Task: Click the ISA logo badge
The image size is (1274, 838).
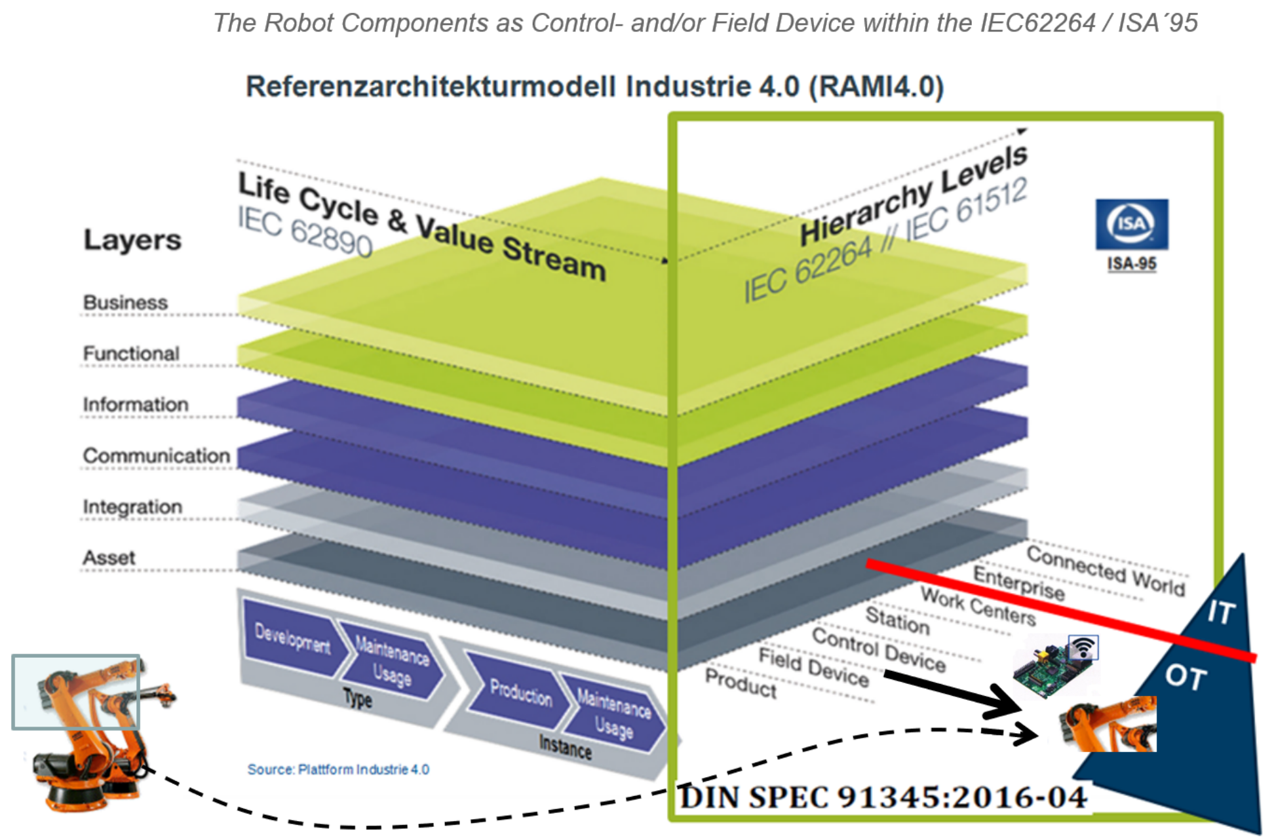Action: click(1131, 224)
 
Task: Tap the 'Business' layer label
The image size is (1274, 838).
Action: click(125, 303)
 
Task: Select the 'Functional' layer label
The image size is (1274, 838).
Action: click(131, 354)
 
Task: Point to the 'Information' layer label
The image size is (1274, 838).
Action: click(136, 405)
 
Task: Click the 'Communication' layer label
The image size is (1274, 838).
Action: click(156, 455)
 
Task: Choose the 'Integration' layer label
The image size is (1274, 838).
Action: click(132, 506)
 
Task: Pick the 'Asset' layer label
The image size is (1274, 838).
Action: click(109, 558)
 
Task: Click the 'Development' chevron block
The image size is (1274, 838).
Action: click(292, 638)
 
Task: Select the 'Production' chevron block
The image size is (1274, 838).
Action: click(520, 692)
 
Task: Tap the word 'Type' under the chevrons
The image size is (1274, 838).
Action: click(358, 698)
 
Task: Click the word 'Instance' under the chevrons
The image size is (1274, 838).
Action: click(565, 746)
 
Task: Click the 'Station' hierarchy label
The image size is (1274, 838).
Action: click(897, 620)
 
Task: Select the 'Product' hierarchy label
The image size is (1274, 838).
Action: click(741, 683)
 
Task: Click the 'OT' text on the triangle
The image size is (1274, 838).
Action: click(1186, 676)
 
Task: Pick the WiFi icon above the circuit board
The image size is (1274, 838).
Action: click(1083, 647)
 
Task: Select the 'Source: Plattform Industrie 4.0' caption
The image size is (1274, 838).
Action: click(338, 769)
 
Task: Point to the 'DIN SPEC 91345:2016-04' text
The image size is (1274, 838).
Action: click(883, 797)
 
